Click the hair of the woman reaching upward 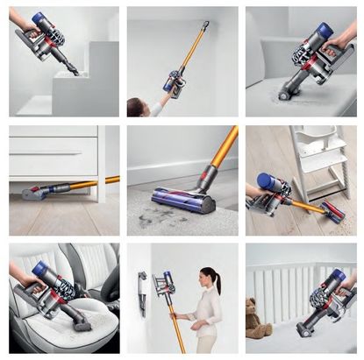[137, 107]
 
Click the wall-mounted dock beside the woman [142, 290]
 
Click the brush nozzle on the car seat [81, 321]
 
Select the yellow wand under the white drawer [88, 184]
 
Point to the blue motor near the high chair [264, 181]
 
